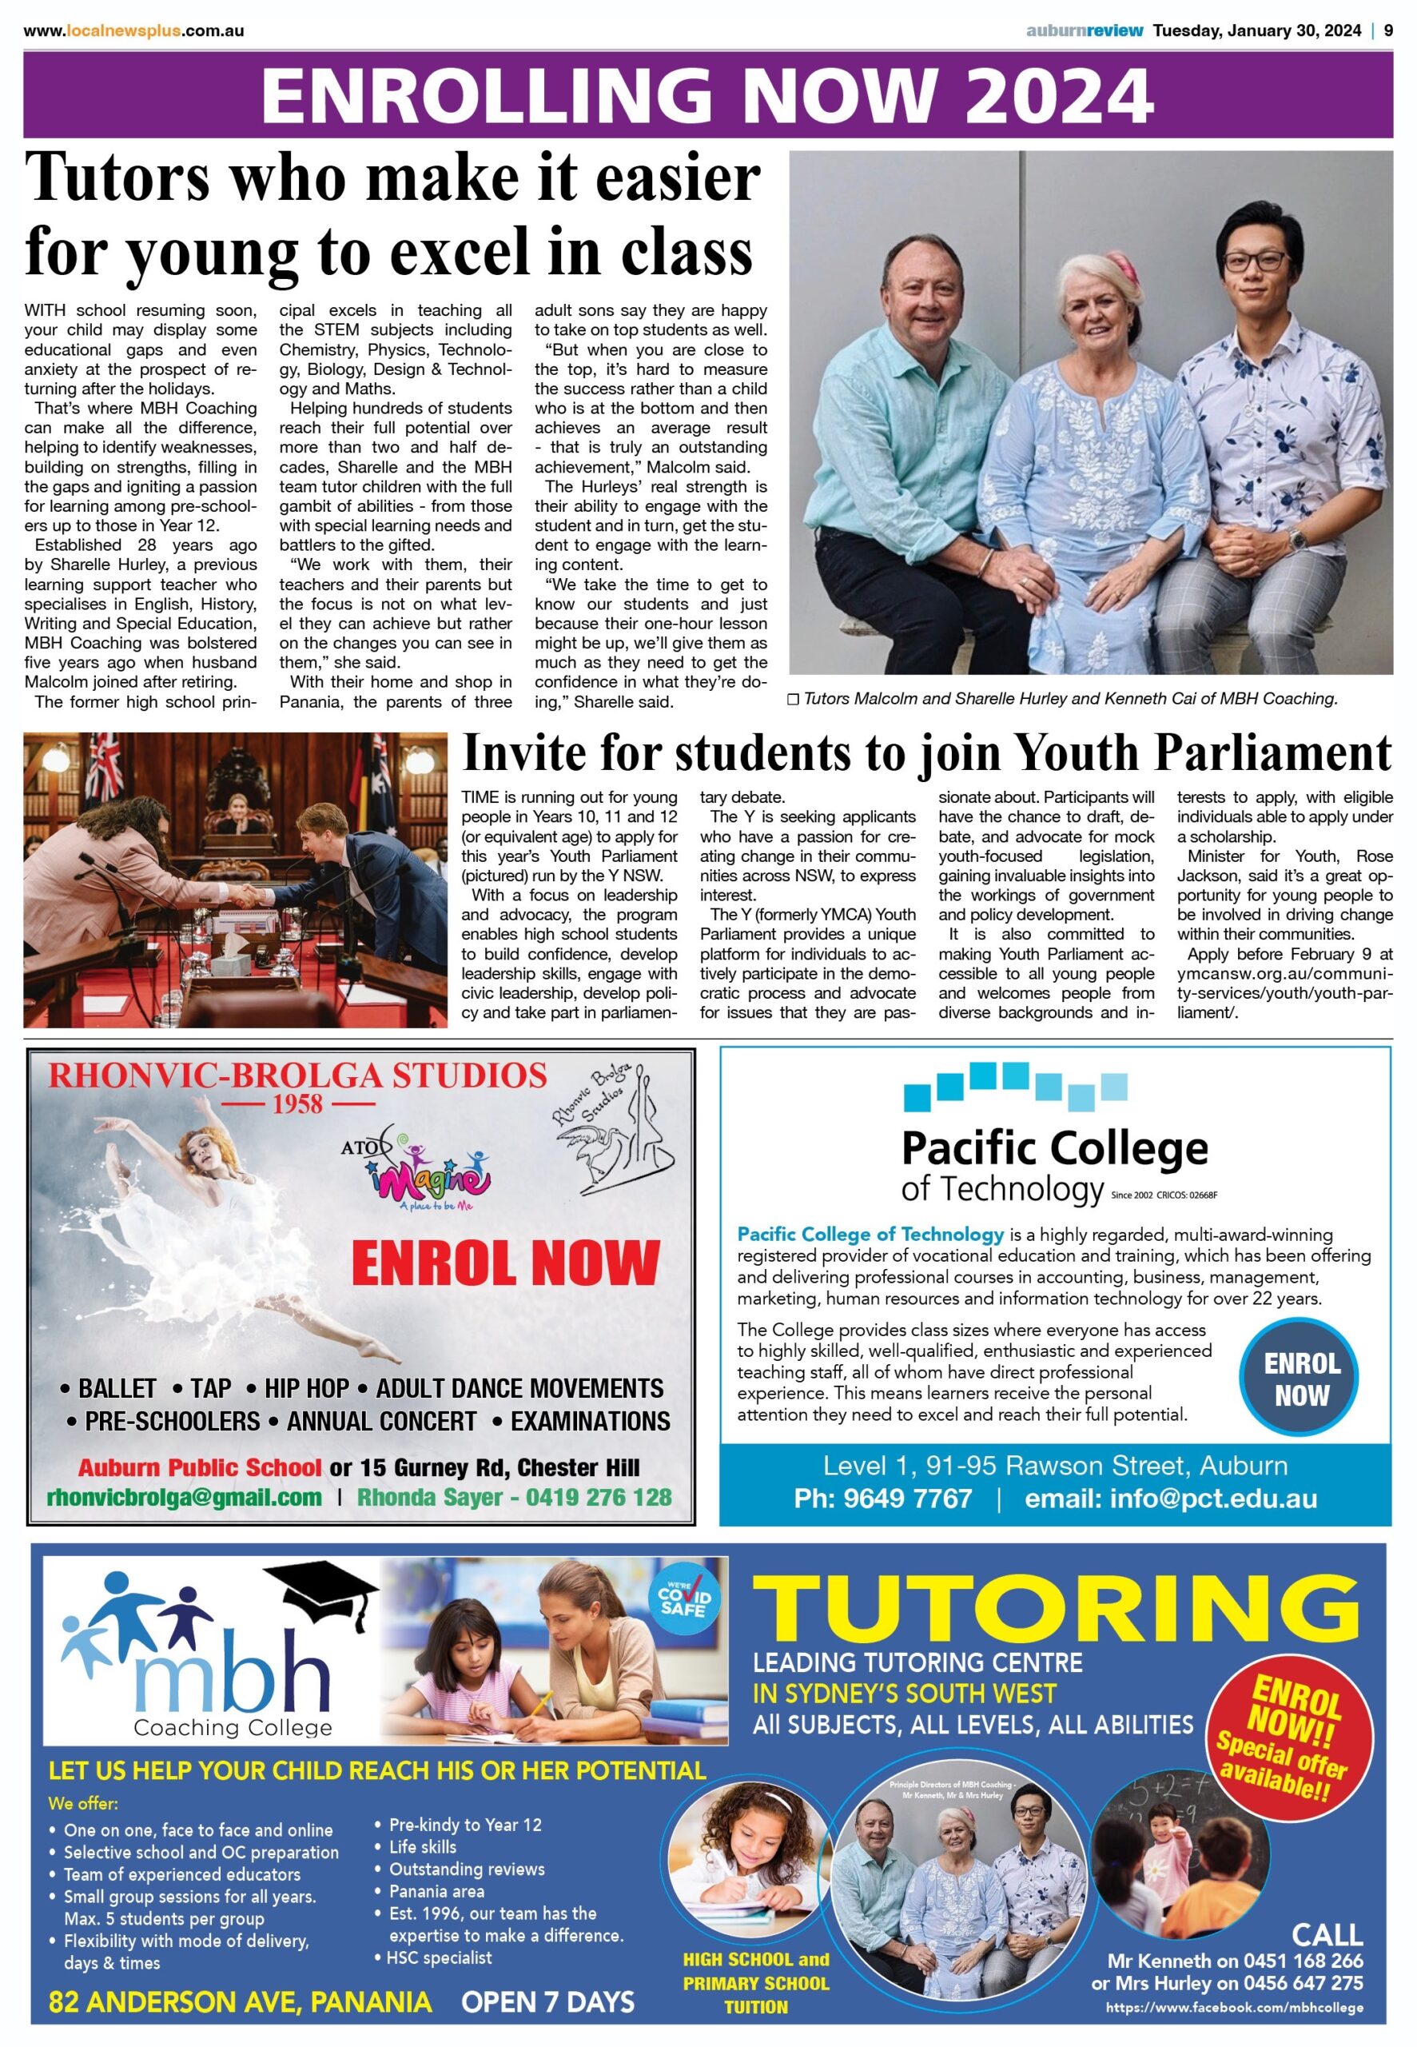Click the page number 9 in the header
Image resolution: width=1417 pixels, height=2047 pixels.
click(1387, 31)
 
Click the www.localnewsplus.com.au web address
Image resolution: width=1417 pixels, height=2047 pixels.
click(134, 31)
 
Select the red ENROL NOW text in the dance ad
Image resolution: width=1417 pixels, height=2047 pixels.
click(505, 1263)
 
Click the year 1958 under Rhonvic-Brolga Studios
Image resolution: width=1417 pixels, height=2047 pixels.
click(298, 1105)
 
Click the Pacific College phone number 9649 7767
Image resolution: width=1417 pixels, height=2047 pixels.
click(882, 1498)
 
